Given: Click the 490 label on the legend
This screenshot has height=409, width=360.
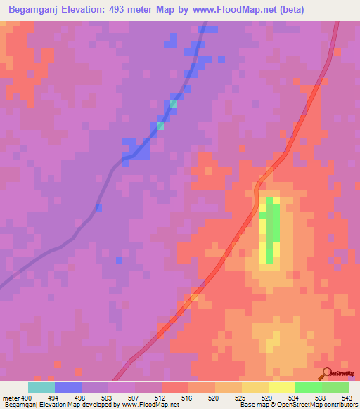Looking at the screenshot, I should click(27, 398).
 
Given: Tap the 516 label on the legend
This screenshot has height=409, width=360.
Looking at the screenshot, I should click(188, 398).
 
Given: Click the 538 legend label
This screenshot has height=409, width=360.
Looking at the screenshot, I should click(322, 398).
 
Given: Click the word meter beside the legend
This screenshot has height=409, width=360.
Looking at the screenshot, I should click(10, 398).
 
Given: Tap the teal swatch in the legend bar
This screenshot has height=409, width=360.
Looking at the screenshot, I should click(41, 387).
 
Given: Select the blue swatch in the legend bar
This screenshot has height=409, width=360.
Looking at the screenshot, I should click(68, 387).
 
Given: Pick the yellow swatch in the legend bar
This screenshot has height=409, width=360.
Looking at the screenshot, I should click(282, 387).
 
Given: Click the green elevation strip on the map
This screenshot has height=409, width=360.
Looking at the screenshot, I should click(270, 228).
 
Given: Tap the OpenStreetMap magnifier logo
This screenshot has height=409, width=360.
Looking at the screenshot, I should click(326, 373).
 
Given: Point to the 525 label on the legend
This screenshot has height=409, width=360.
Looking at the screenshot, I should click(242, 398).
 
